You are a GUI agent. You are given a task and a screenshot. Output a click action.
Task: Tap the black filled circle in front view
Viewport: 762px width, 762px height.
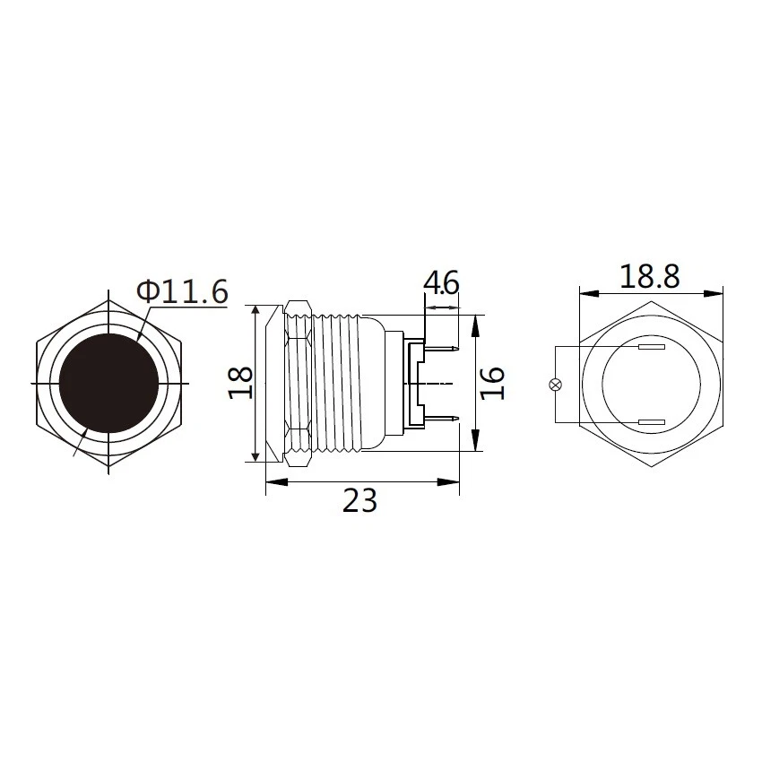[108, 384]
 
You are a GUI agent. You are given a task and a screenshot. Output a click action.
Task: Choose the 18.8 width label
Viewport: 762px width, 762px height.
[650, 276]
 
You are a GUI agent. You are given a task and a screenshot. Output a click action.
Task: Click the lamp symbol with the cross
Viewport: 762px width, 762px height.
[555, 385]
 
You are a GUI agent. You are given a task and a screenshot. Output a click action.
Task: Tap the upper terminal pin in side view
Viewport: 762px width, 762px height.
[444, 348]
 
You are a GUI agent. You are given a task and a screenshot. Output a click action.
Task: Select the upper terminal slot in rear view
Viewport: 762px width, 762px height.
[650, 347]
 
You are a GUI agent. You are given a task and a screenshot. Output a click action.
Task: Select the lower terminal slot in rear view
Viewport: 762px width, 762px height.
[650, 422]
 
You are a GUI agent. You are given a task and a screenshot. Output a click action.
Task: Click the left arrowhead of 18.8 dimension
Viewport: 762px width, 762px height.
[585, 292]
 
